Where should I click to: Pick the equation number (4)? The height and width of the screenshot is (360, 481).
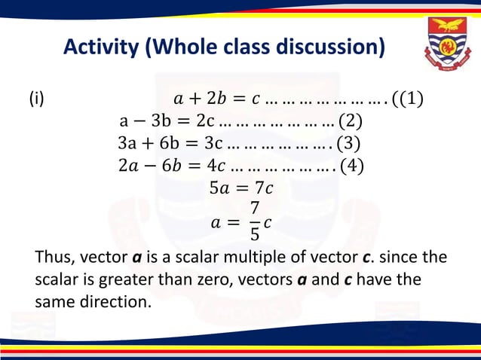click(348, 165)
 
